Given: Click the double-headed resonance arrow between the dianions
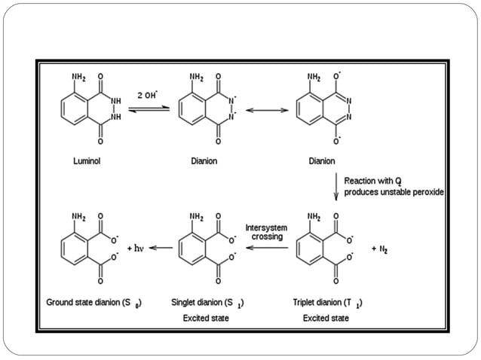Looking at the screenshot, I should (267, 110).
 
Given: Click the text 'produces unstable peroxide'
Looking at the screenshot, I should (394, 192).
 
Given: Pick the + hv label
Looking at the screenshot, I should (135, 247).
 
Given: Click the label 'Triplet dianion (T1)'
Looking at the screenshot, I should (326, 304).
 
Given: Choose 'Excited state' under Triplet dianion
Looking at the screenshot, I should (326, 319).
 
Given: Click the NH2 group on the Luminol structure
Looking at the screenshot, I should (79, 77).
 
